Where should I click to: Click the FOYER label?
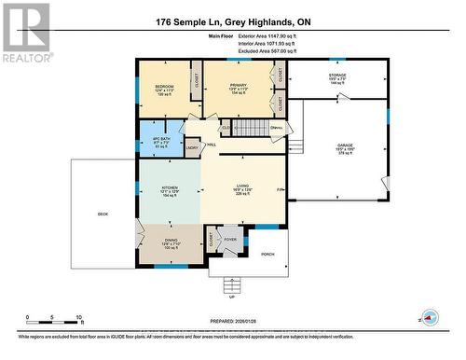point(230,237)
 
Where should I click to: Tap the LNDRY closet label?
point(191,146)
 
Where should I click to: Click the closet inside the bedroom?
point(197,81)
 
